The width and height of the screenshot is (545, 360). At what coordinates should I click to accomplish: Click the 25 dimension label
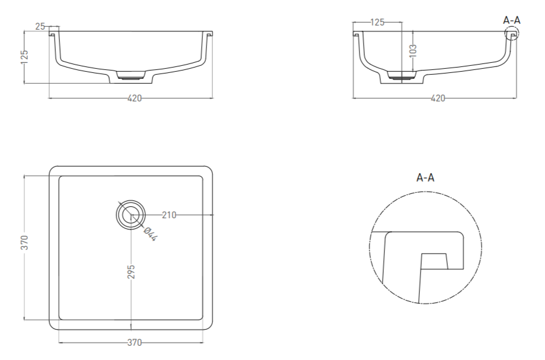[x=40, y=27]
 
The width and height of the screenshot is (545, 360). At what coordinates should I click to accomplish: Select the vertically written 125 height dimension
[x=24, y=58]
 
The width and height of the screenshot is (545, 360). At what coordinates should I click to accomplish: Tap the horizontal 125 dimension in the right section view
[x=378, y=23]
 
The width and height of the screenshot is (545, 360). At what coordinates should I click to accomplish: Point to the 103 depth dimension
[x=413, y=50]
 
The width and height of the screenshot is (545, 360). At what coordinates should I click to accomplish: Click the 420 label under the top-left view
[x=135, y=98]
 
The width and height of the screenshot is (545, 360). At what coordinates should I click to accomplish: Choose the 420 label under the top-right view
[x=438, y=98]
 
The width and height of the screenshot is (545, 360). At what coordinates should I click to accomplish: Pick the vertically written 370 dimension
[x=24, y=243]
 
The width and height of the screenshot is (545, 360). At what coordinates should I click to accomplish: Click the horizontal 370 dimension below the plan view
[x=135, y=343]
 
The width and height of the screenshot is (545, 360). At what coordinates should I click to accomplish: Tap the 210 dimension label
[x=169, y=215]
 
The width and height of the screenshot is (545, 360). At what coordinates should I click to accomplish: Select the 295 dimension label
[x=131, y=272]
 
